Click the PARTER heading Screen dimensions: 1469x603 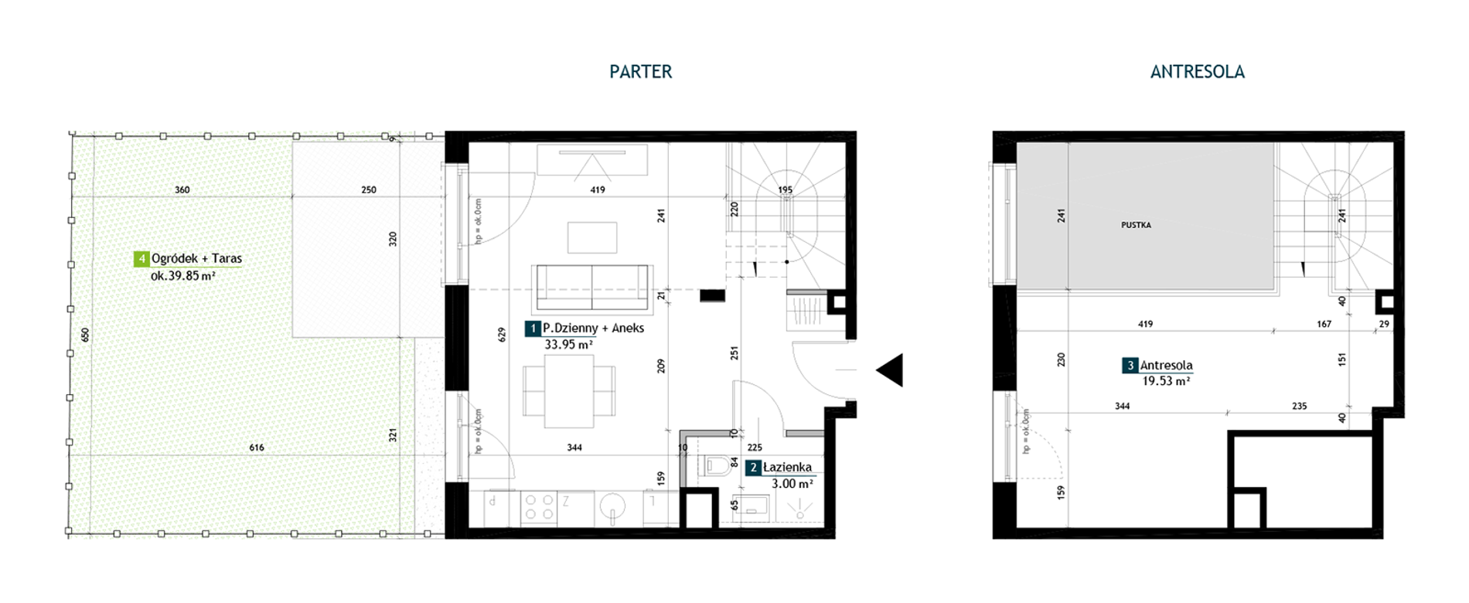(640, 72)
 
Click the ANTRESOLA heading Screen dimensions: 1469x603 (1197, 72)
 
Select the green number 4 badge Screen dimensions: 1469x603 (141, 259)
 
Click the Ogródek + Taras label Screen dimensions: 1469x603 (196, 259)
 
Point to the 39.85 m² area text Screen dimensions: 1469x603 (183, 276)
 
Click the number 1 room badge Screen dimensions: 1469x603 (533, 329)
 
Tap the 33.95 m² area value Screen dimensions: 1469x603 (569, 345)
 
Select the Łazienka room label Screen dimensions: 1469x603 (787, 467)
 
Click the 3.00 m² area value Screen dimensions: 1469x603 (792, 484)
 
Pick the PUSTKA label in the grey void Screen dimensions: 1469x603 (1136, 225)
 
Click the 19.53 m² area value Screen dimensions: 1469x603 (1166, 381)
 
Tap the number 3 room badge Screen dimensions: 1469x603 (1130, 366)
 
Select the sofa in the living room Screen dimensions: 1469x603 (592, 288)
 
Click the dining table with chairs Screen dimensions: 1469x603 (569, 391)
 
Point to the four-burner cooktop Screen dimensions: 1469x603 (539, 507)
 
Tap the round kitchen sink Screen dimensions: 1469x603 (613, 508)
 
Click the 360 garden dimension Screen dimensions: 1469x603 (182, 189)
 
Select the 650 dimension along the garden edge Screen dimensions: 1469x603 (85, 335)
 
